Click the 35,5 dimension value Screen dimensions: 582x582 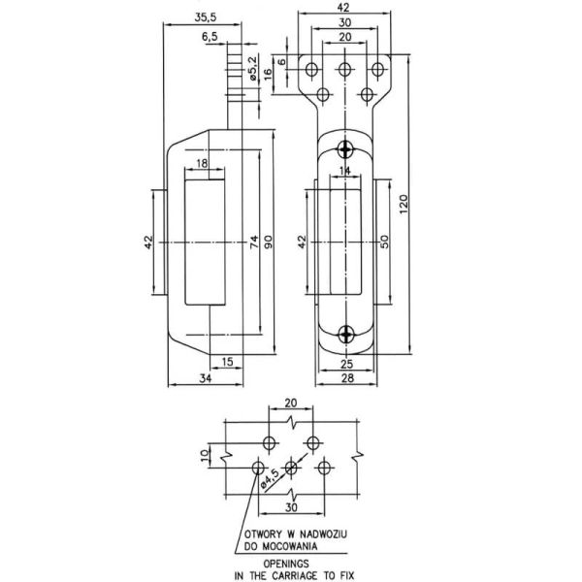pos(204,17)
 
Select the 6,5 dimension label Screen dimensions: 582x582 pos(210,37)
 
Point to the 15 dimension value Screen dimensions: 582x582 pos(226,363)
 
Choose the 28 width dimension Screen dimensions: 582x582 pos(347,377)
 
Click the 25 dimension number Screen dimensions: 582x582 pos(347,363)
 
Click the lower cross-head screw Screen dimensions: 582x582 pos(346,335)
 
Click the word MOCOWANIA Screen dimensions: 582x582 pos(289,545)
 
